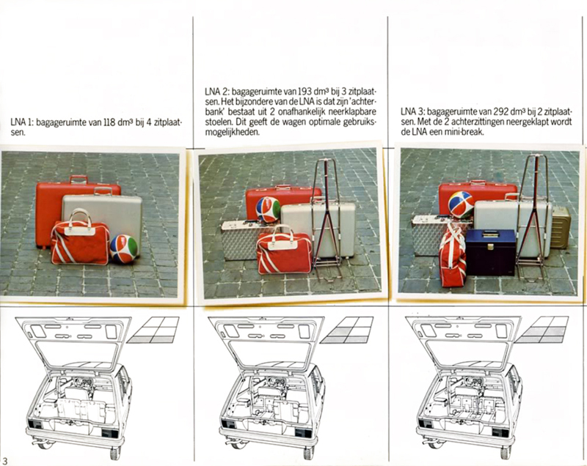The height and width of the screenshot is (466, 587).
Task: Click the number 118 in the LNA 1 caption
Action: [x=109, y=122]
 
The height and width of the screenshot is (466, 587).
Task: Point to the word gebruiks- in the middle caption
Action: [x=360, y=122]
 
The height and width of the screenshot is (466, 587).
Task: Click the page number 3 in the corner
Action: [x=5, y=460]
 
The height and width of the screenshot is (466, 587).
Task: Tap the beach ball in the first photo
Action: [x=123, y=249]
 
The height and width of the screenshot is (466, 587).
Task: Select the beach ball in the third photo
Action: [x=461, y=204]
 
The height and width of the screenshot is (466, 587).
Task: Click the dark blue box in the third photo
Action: [x=490, y=252]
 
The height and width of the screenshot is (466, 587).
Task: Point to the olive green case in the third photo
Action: [x=561, y=227]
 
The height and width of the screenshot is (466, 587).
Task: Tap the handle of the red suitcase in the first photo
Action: [x=79, y=179]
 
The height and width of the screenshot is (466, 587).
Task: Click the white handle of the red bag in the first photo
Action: [x=79, y=221]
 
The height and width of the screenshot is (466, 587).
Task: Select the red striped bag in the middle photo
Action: [x=284, y=253]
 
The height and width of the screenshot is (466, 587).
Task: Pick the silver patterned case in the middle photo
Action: [x=240, y=240]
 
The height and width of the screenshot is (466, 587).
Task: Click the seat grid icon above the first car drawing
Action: [x=153, y=330]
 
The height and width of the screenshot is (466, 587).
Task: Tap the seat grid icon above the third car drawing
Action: [x=542, y=330]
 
